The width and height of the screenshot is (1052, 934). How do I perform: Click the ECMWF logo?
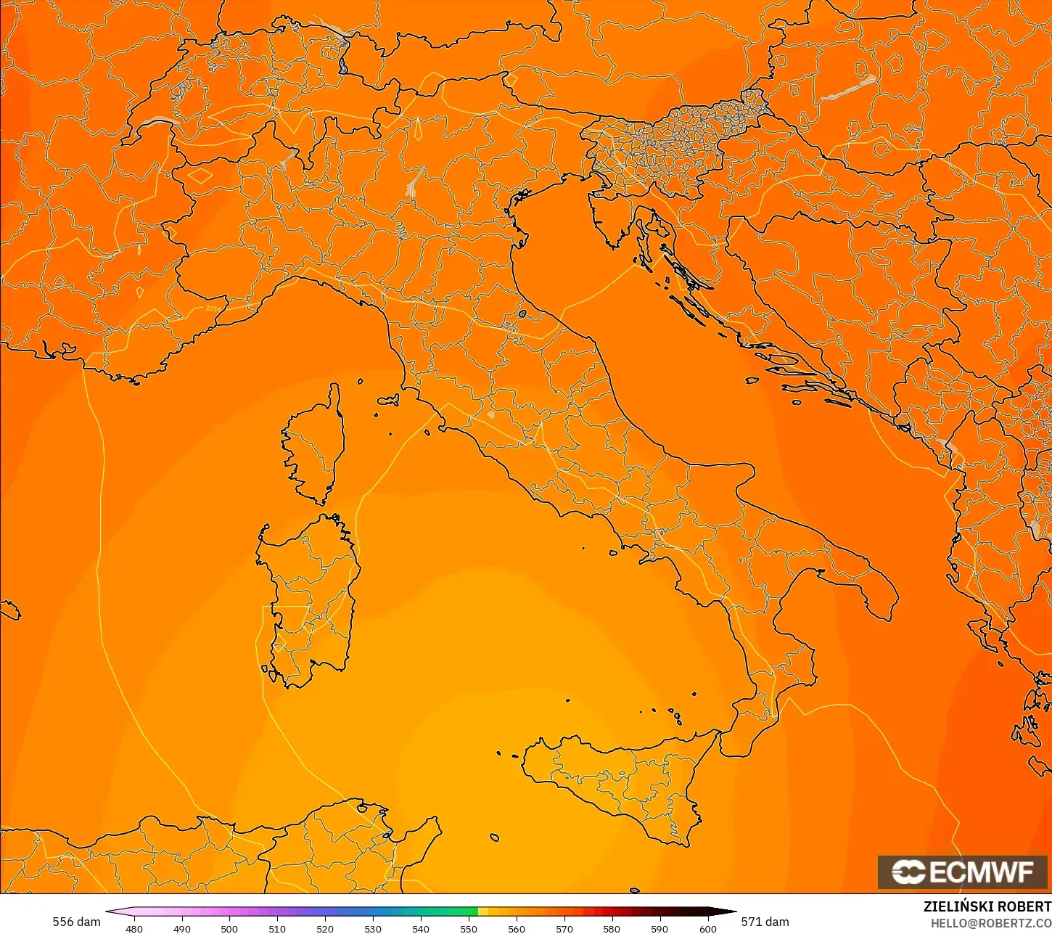click(963, 872)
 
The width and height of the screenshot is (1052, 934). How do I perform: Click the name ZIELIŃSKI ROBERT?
click(987, 907)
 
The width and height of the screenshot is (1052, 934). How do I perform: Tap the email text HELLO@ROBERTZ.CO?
click(991, 923)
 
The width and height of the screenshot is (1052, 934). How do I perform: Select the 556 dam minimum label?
click(76, 922)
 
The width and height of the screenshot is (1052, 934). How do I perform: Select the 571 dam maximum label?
click(765, 922)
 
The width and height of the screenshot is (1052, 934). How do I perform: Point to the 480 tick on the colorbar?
click(134, 928)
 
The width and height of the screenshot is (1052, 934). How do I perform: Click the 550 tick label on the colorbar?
click(469, 928)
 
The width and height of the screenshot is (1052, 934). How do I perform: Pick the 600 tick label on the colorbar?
click(707, 928)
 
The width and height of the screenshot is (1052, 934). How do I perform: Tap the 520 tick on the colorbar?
click(325, 928)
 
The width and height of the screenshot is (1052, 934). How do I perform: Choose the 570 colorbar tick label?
click(564, 928)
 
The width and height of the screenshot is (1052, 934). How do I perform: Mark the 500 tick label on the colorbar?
click(229, 928)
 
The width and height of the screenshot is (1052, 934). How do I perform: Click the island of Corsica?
click(316, 443)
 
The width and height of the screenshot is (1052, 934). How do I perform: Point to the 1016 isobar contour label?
click(213, 308)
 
